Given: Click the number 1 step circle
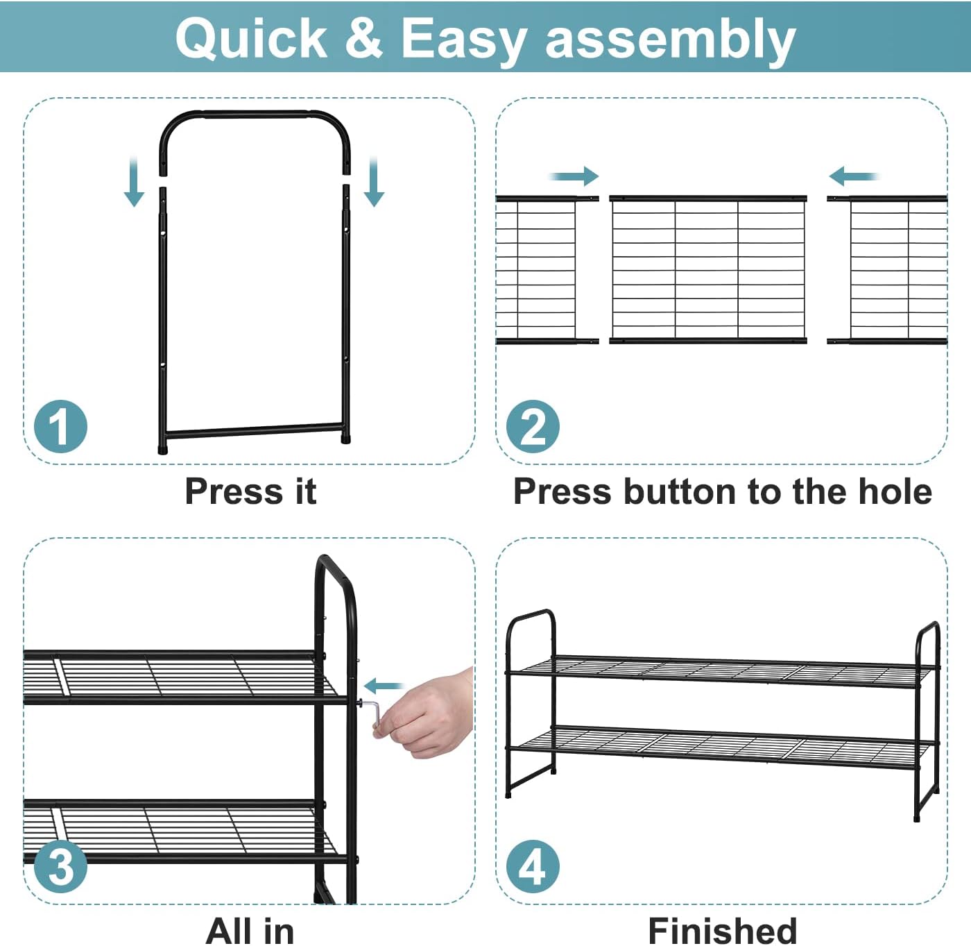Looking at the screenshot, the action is pos(60,426).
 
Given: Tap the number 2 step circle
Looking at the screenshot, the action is pos(533,426).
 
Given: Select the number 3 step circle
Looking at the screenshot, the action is pos(60,866).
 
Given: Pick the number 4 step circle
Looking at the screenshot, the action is pos(533,866).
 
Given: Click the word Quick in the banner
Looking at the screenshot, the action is pos(251,39).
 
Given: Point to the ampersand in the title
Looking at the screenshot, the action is pos(363,38).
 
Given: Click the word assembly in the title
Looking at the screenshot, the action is pos(670,41).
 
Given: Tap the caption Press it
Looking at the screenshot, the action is pos(250,491).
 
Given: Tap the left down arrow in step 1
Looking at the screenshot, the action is pos(134,182).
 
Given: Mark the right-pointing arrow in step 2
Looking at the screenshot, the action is pos(574,176).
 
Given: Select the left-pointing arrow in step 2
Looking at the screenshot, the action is pos(854,176).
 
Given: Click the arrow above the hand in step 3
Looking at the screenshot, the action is pos(384,686).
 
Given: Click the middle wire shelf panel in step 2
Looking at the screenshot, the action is pos(708,269).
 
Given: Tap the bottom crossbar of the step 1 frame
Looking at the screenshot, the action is pos(254,430).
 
